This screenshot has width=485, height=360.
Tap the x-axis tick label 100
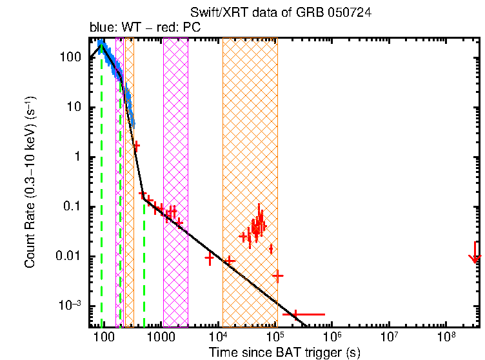[102, 337]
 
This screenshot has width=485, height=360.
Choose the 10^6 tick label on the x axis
[333, 337]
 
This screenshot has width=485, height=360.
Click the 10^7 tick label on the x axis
[390, 337]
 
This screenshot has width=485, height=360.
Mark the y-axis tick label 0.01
[68, 256]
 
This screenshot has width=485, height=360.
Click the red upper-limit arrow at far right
[475, 253]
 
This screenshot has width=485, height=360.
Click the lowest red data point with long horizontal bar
[295, 314]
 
